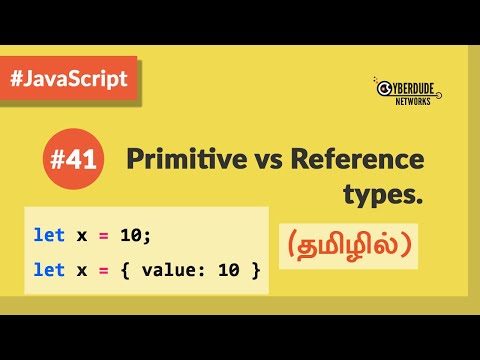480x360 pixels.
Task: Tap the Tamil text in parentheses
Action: pos(350,245)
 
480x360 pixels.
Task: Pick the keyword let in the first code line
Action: pos(48,235)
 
